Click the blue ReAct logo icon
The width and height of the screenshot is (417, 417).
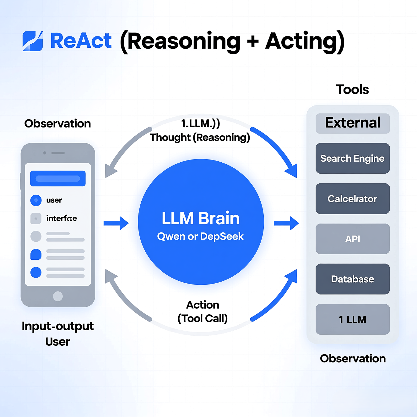click(33, 41)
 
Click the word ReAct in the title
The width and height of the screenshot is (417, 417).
click(81, 41)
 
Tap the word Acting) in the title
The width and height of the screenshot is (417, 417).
click(305, 41)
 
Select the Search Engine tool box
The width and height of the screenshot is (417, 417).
click(352, 158)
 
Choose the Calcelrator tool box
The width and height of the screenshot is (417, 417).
click(352, 198)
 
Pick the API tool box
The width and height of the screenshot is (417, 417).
click(352, 239)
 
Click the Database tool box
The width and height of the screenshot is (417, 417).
click(352, 279)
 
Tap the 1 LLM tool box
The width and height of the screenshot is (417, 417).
click(352, 319)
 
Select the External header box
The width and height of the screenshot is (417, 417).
click(352, 123)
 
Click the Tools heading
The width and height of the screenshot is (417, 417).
click(352, 89)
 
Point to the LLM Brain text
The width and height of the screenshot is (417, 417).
click(201, 218)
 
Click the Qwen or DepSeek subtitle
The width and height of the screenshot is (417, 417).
click(200, 236)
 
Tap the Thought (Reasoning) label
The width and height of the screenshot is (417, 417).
click(200, 137)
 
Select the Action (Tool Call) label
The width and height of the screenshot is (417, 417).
click(203, 311)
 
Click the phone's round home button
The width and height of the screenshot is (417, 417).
click(58, 296)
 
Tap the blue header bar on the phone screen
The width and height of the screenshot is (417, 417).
click(58, 178)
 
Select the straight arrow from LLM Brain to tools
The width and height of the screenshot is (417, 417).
click(286, 223)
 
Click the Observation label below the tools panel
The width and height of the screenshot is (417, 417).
click(353, 359)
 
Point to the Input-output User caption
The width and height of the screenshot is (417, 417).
click(58, 333)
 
